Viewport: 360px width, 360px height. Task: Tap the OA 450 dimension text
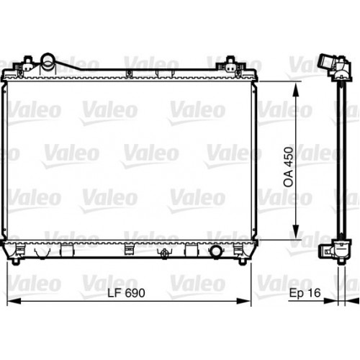click(x=287, y=169)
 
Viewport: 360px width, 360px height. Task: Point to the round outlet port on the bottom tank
click(x=215, y=253)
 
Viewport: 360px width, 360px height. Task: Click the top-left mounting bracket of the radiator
click(x=30, y=60)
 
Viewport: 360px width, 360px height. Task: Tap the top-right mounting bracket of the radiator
click(x=231, y=60)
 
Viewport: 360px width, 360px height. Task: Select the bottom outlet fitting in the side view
click(x=330, y=251)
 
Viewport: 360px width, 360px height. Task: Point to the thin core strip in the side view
click(x=338, y=158)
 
